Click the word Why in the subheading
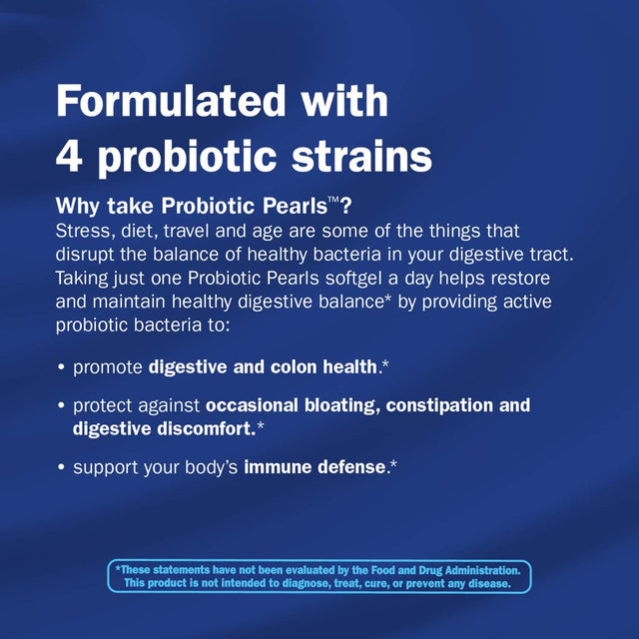point(78,208)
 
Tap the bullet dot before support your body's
point(62,467)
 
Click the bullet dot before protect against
point(62,406)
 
